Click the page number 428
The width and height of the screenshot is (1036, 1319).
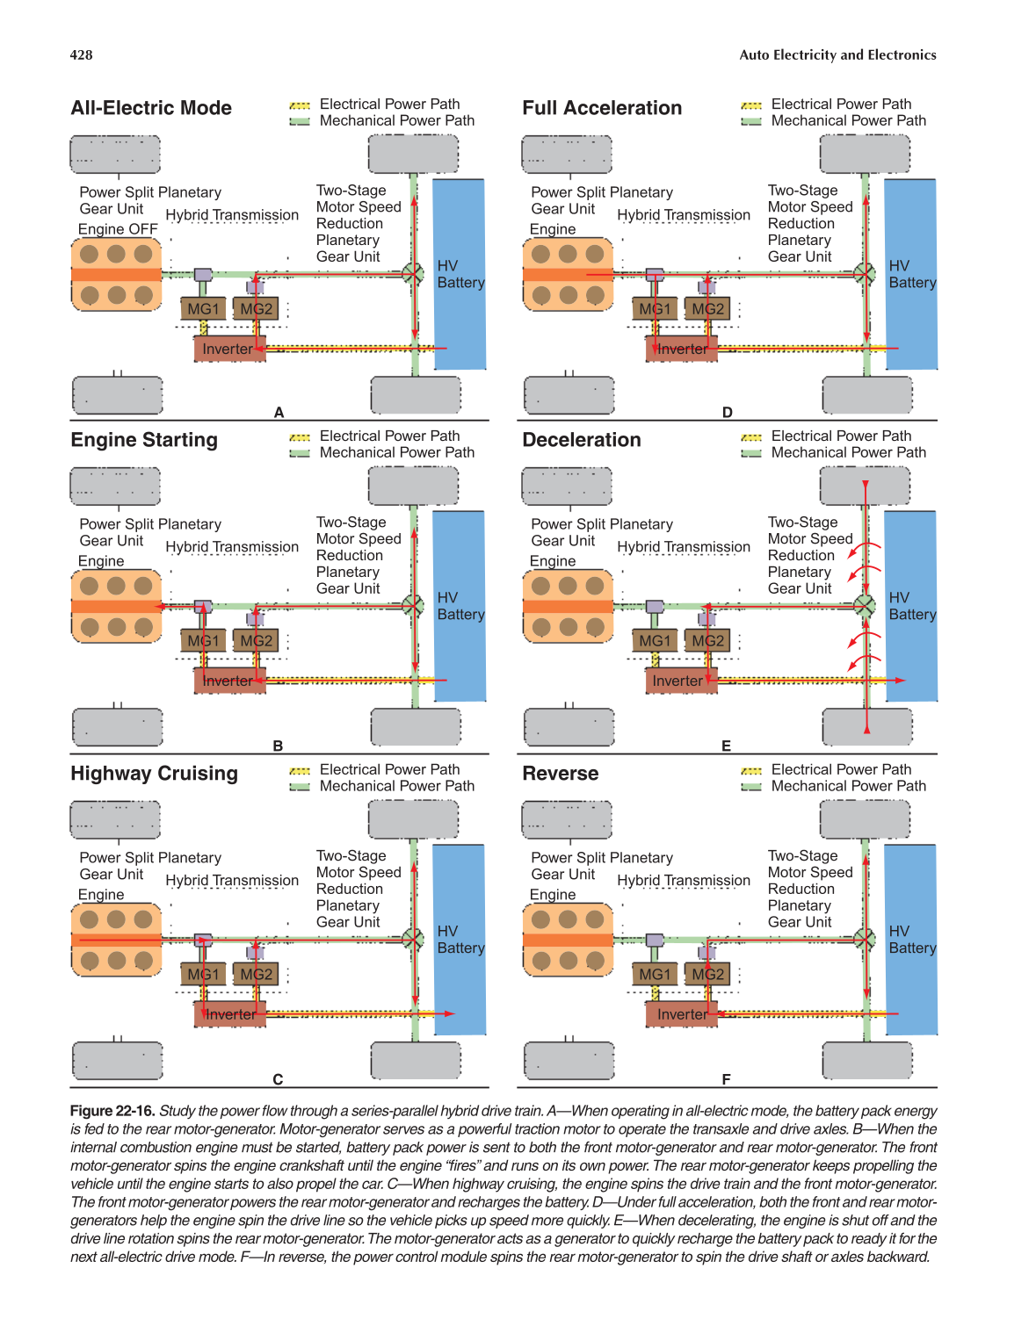pyautogui.click(x=81, y=54)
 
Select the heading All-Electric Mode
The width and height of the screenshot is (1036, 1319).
pyautogui.click(x=151, y=108)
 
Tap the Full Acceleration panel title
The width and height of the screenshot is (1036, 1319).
pyautogui.click(x=602, y=108)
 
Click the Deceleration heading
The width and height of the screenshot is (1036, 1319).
pyautogui.click(x=582, y=440)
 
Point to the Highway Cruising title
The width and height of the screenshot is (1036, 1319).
pyautogui.click(x=154, y=774)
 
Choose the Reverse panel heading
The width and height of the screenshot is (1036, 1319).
pyautogui.click(x=560, y=774)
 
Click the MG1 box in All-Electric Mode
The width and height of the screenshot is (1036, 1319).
pyautogui.click(x=203, y=309)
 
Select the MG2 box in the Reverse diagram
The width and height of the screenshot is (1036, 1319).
pyautogui.click(x=707, y=975)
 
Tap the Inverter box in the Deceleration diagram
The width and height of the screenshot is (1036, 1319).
pyautogui.click(x=677, y=681)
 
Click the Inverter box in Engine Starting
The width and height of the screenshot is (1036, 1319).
pyautogui.click(x=228, y=681)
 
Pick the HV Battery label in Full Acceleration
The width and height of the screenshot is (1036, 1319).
pyautogui.click(x=911, y=274)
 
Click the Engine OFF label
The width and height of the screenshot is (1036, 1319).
pyautogui.click(x=118, y=229)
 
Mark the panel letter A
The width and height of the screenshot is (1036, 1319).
pyautogui.click(x=279, y=413)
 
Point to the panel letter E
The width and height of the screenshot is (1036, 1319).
pyautogui.click(x=726, y=746)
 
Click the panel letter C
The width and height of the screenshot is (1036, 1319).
pyautogui.click(x=278, y=1079)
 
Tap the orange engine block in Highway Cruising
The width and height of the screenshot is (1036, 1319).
pyautogui.click(x=117, y=940)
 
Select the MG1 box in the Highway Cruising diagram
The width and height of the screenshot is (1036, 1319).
pyautogui.click(x=203, y=975)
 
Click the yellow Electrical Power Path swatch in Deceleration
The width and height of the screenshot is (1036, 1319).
pyautogui.click(x=751, y=436)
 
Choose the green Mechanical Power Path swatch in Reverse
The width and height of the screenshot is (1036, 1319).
pyautogui.click(x=751, y=787)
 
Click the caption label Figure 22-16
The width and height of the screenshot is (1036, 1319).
pyautogui.click(x=112, y=1111)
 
